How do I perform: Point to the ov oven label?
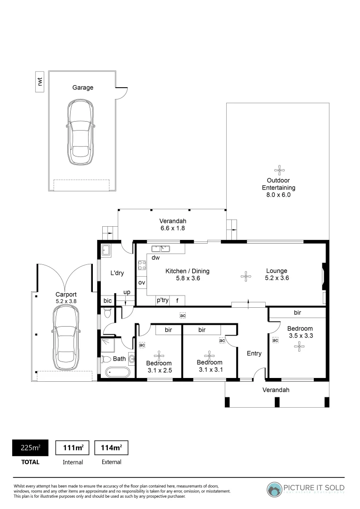(x=141, y=283)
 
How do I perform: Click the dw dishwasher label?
(x=156, y=258)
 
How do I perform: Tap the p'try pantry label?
(x=163, y=300)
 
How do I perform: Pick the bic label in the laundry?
(x=107, y=300)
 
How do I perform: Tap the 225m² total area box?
(x=31, y=447)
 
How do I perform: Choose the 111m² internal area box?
(x=73, y=447)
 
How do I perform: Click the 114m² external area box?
(x=111, y=447)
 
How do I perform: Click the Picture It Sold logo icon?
(x=274, y=489)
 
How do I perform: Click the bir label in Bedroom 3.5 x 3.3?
(x=297, y=312)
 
